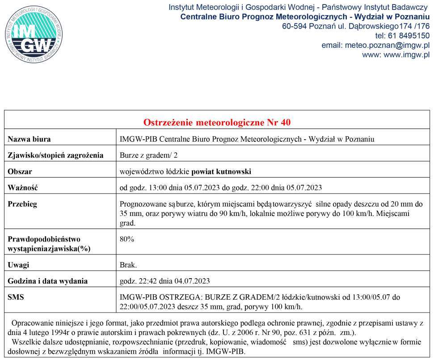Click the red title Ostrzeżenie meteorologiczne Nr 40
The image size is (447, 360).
[217, 122]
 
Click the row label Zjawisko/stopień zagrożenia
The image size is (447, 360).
[55, 156]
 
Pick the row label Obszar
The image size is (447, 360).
[20, 171]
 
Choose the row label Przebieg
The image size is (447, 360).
[22, 204]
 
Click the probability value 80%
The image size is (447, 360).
[127, 239]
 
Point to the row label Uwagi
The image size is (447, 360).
[18, 265]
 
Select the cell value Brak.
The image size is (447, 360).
[128, 265]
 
